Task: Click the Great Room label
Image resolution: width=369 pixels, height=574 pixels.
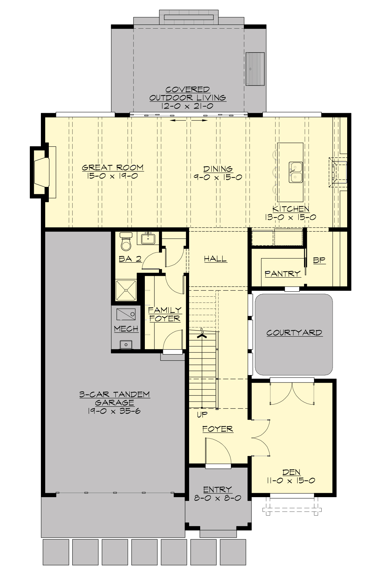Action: pos(113,168)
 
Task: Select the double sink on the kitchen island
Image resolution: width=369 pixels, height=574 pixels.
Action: pos(296,172)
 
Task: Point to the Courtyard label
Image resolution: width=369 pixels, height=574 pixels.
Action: pos(294,333)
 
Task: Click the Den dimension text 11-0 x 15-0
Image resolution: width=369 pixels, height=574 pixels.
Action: pos(291,481)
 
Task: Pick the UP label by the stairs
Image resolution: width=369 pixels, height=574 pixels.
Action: pos(202,415)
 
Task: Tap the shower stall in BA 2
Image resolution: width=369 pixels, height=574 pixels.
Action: pos(126,290)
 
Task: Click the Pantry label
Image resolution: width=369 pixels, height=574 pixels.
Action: pos(283,273)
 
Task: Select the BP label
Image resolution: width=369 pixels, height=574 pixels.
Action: pos(319,260)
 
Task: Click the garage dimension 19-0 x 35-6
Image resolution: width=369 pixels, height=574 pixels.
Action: pos(114,411)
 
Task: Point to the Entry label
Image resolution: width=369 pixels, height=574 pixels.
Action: pos(217,489)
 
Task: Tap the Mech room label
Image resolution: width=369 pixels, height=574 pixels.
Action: pos(126,329)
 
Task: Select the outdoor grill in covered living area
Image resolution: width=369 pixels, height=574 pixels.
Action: pos(255,69)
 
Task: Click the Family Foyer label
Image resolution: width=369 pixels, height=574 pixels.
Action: pos(165,314)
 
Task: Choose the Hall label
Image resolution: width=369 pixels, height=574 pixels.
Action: pos(215,259)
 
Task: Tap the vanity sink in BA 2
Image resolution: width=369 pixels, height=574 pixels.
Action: pos(148,238)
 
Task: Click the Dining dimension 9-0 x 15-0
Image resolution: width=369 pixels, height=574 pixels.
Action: pos(218,177)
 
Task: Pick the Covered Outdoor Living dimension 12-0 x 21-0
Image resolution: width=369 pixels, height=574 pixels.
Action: pos(187,106)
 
